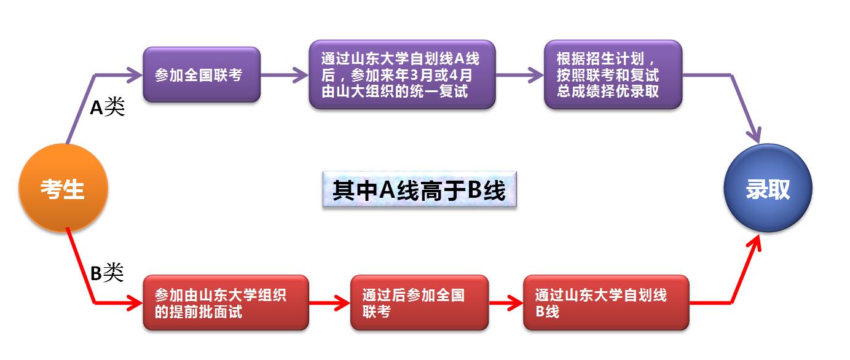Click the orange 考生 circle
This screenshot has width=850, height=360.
[x=63, y=188]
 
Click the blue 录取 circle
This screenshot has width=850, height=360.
[x=768, y=188]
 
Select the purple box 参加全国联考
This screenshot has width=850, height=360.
[x=202, y=74]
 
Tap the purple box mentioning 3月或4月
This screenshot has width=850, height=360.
[x=402, y=75]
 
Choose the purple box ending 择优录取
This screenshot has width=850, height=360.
[x=613, y=75]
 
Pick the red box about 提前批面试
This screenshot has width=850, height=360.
[x=226, y=302]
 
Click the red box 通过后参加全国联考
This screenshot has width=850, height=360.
[x=419, y=302]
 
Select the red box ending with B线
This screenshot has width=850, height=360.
[x=605, y=302]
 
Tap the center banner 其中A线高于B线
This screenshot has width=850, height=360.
[x=419, y=190]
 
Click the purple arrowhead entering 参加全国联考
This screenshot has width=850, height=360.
[x=134, y=75]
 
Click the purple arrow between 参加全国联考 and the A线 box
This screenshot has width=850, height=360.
[x=284, y=75]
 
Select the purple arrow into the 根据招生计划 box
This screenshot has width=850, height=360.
[x=520, y=75]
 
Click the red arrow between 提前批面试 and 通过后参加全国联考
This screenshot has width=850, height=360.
[x=330, y=302]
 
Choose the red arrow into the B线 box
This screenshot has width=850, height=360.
[x=506, y=302]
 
